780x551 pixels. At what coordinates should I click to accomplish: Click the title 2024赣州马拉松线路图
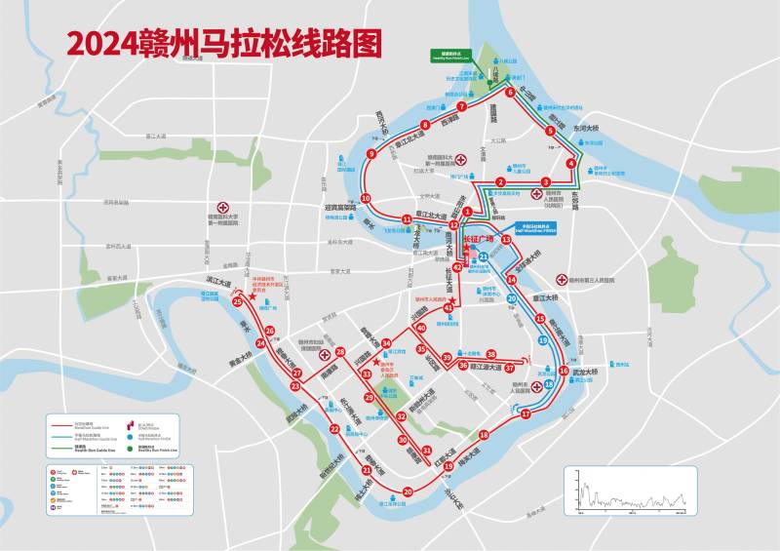pos(224,42)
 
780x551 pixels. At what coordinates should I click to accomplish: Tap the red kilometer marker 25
pos(238,302)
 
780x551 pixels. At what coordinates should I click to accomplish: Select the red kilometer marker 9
pos(370,154)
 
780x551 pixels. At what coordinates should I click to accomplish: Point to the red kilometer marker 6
pos(510,93)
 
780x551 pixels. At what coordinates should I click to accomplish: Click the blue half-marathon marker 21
pos(484,257)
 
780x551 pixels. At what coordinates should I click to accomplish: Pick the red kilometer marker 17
pos(526,414)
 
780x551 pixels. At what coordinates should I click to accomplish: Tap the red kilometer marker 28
pos(340,352)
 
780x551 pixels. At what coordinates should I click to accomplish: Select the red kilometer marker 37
pos(509,368)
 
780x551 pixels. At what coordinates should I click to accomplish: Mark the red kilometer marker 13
pos(506,240)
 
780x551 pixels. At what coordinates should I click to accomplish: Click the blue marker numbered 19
pos(542,340)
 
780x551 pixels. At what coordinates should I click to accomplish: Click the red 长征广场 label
pos(478,238)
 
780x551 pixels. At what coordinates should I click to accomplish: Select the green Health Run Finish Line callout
pos(449,58)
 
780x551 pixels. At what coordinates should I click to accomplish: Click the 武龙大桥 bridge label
pos(584,371)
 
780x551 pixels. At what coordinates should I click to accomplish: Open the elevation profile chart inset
pos(629,488)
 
